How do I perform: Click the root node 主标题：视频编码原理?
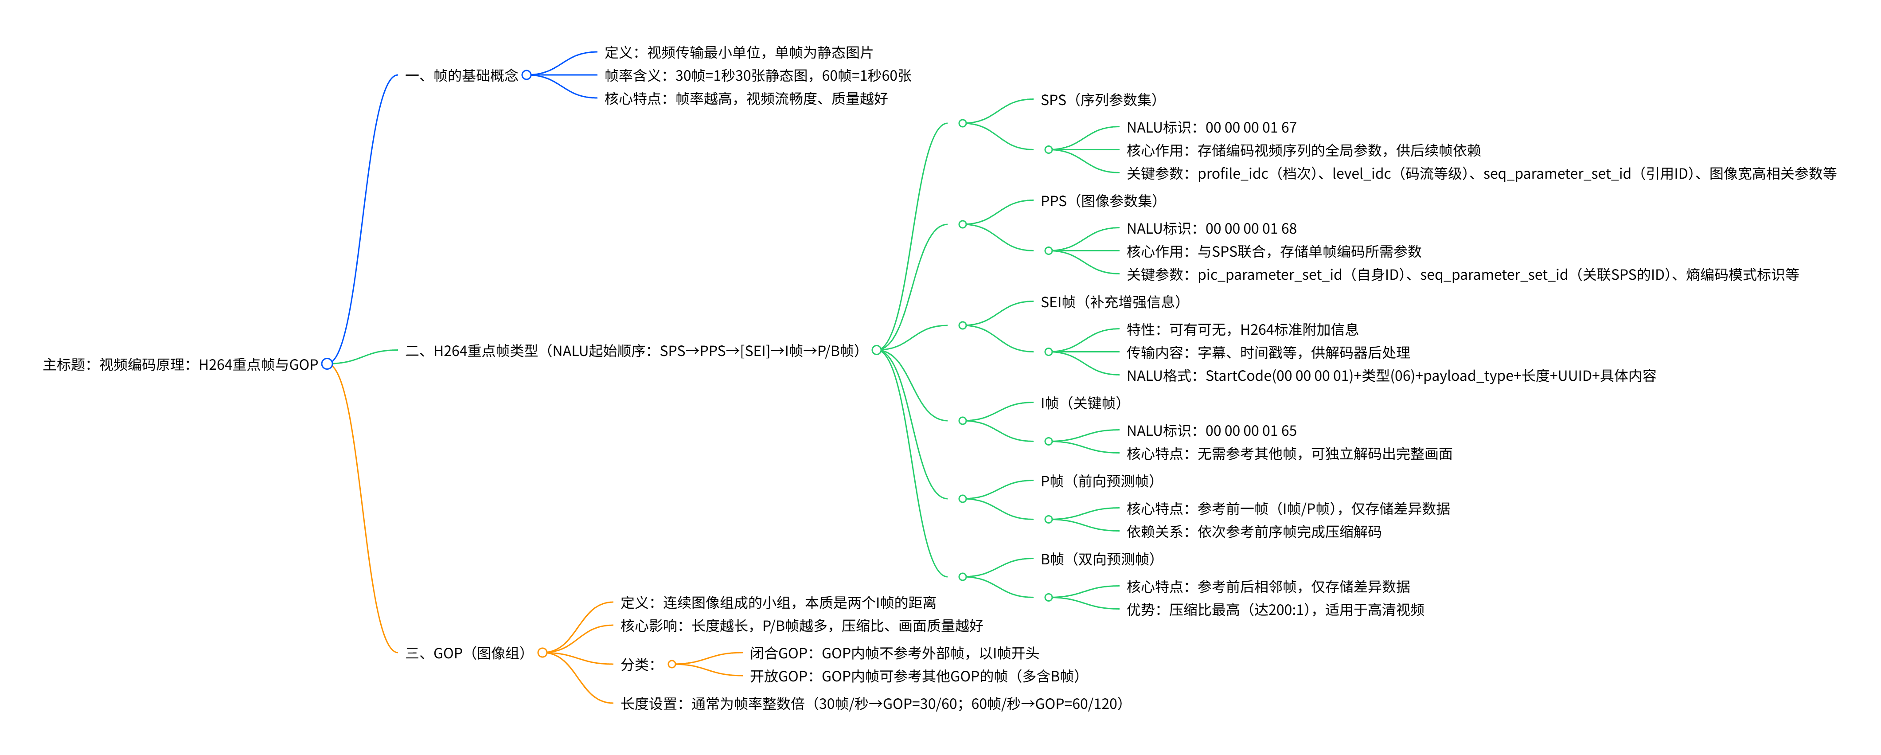[x=180, y=364]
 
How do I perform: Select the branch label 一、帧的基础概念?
[x=461, y=75]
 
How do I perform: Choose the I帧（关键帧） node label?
[x=1081, y=403]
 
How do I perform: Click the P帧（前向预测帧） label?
[x=1097, y=481]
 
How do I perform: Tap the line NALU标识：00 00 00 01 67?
[x=1211, y=128]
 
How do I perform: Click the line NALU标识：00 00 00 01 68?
[x=1211, y=229]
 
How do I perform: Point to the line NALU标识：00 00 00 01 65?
[x=1211, y=431]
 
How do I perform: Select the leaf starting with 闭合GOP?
[x=894, y=653]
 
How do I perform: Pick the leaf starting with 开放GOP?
[x=914, y=676]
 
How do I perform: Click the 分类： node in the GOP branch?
[x=637, y=665]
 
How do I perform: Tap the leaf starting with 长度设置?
[x=871, y=704]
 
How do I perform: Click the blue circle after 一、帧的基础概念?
[x=527, y=75]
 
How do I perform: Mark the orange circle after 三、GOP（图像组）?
[x=542, y=653]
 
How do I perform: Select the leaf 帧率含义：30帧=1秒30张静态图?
[x=757, y=75]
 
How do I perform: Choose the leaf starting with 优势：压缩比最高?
[x=1275, y=610]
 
